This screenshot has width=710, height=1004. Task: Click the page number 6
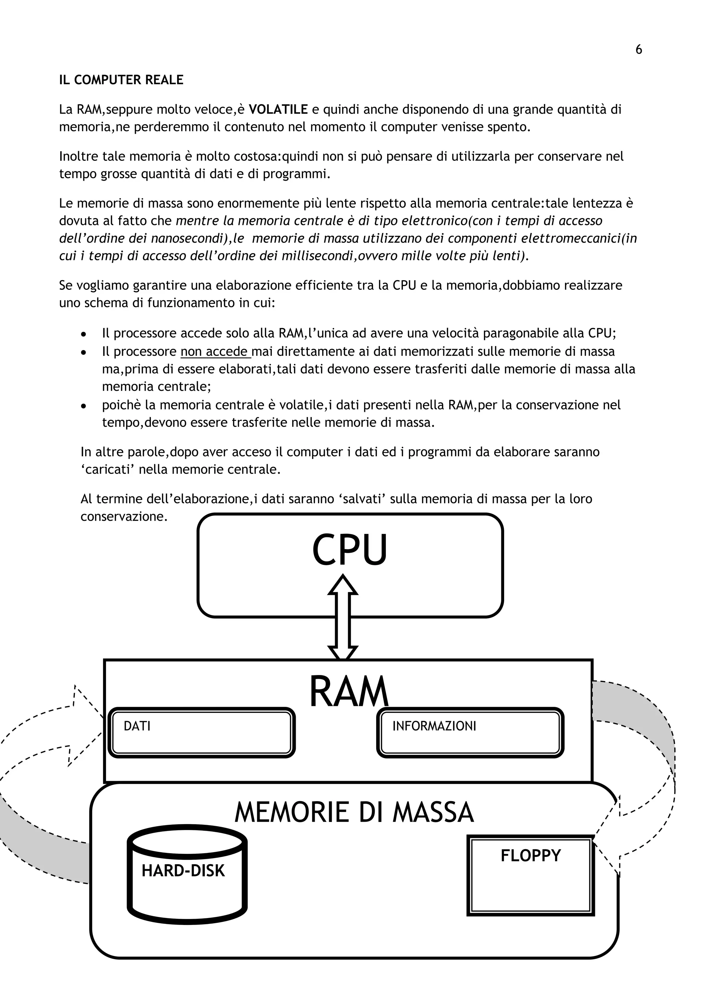click(638, 50)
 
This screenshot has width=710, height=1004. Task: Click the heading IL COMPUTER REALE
click(121, 80)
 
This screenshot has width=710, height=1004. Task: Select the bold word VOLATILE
click(278, 109)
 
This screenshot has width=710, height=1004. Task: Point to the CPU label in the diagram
click(350, 550)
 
